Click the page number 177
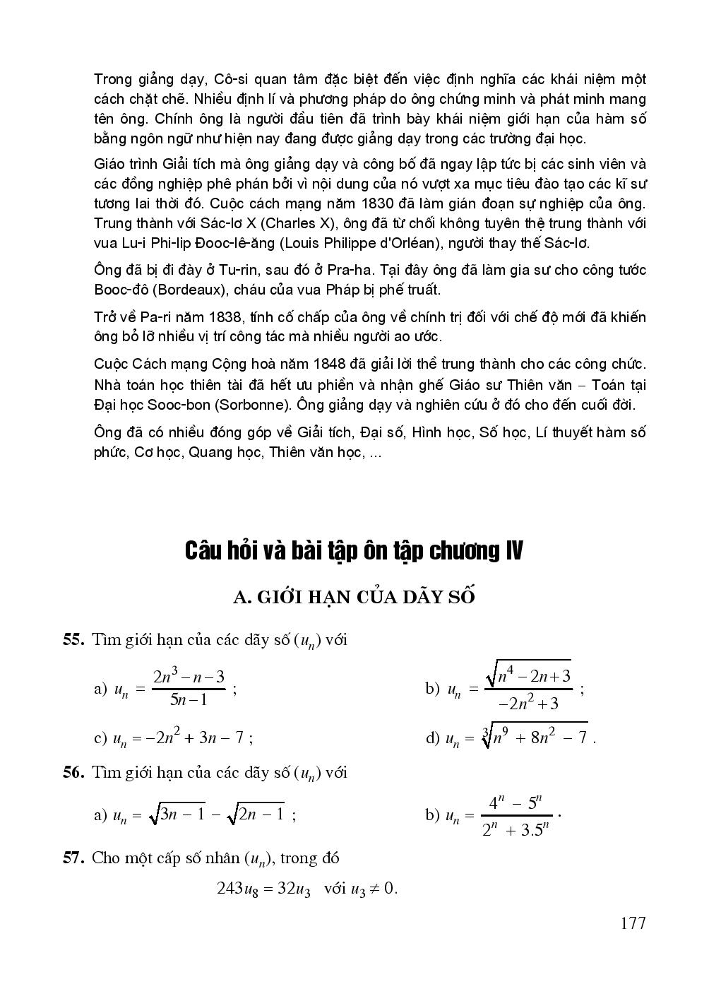(633, 923)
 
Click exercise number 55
(74, 640)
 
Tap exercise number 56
(74, 772)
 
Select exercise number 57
(74, 858)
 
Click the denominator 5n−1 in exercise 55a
(189, 700)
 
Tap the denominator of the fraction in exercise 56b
(516, 829)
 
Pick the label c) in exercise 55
(100, 739)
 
